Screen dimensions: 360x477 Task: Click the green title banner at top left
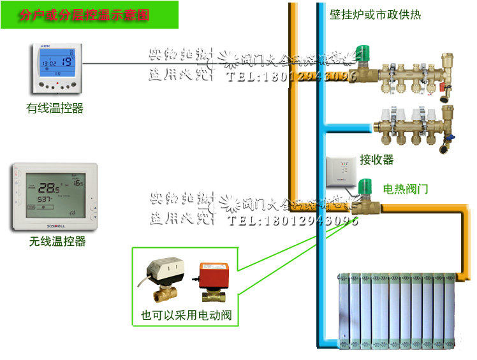pyautogui.click(x=89, y=14)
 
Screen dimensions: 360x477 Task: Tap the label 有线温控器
pyautogui.click(x=55, y=108)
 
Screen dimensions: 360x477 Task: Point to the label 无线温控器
pyautogui.click(x=57, y=241)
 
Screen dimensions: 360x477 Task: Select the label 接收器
pyautogui.click(x=376, y=160)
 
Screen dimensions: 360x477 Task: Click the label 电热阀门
pyautogui.click(x=406, y=189)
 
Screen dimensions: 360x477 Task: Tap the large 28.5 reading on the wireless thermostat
pyautogui.click(x=47, y=188)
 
